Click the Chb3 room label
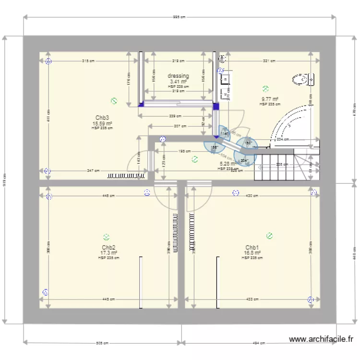102,118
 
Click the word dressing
178,76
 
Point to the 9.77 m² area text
269,99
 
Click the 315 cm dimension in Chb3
88,61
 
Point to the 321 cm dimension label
269,61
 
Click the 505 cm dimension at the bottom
101,343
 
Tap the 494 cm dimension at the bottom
259,343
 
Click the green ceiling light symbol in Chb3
114,101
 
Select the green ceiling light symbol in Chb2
106,236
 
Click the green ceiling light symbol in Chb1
269,235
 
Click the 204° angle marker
244,160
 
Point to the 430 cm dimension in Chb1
252,196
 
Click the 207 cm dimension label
180,126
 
